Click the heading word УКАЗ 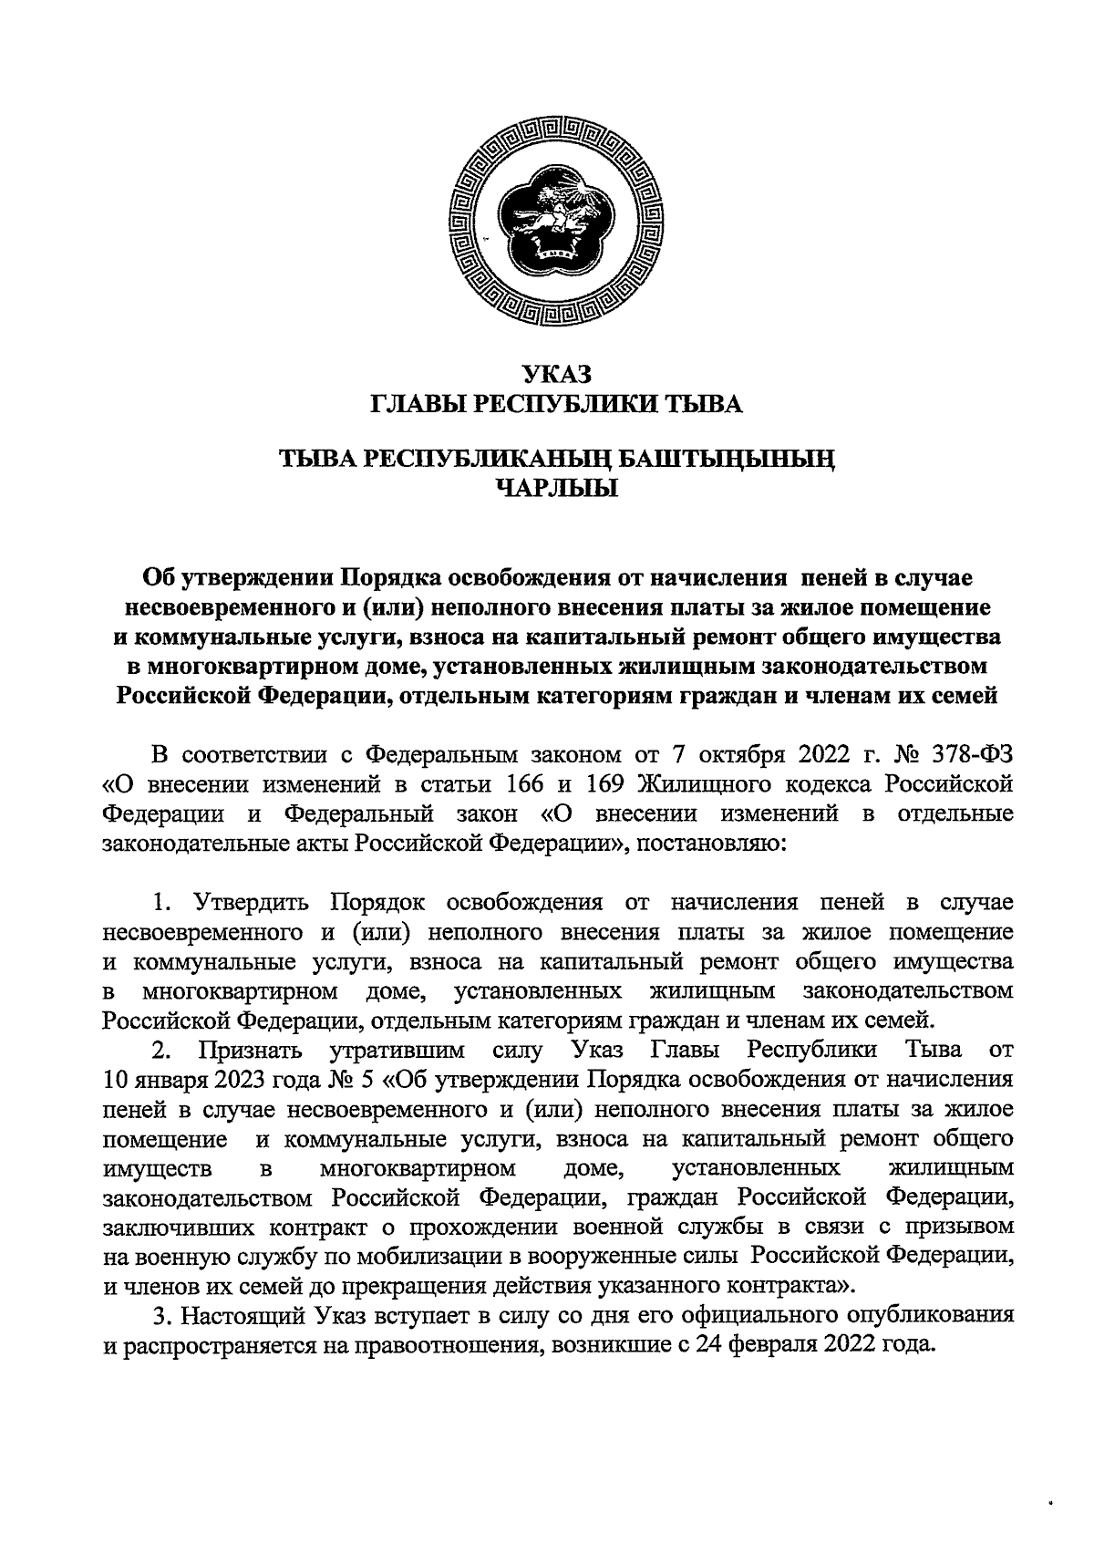click(556, 373)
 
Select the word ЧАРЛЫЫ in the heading click(556, 490)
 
